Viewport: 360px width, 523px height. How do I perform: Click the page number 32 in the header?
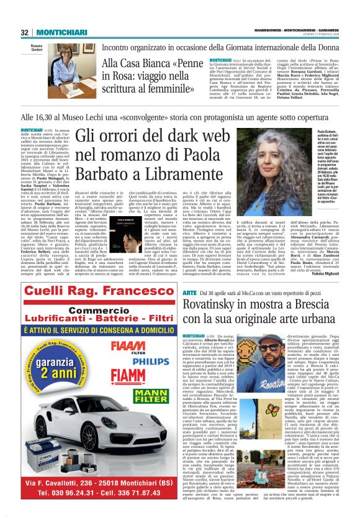25,32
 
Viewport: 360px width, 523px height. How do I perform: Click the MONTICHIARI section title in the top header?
58,32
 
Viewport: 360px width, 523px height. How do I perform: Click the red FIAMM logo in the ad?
145,375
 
